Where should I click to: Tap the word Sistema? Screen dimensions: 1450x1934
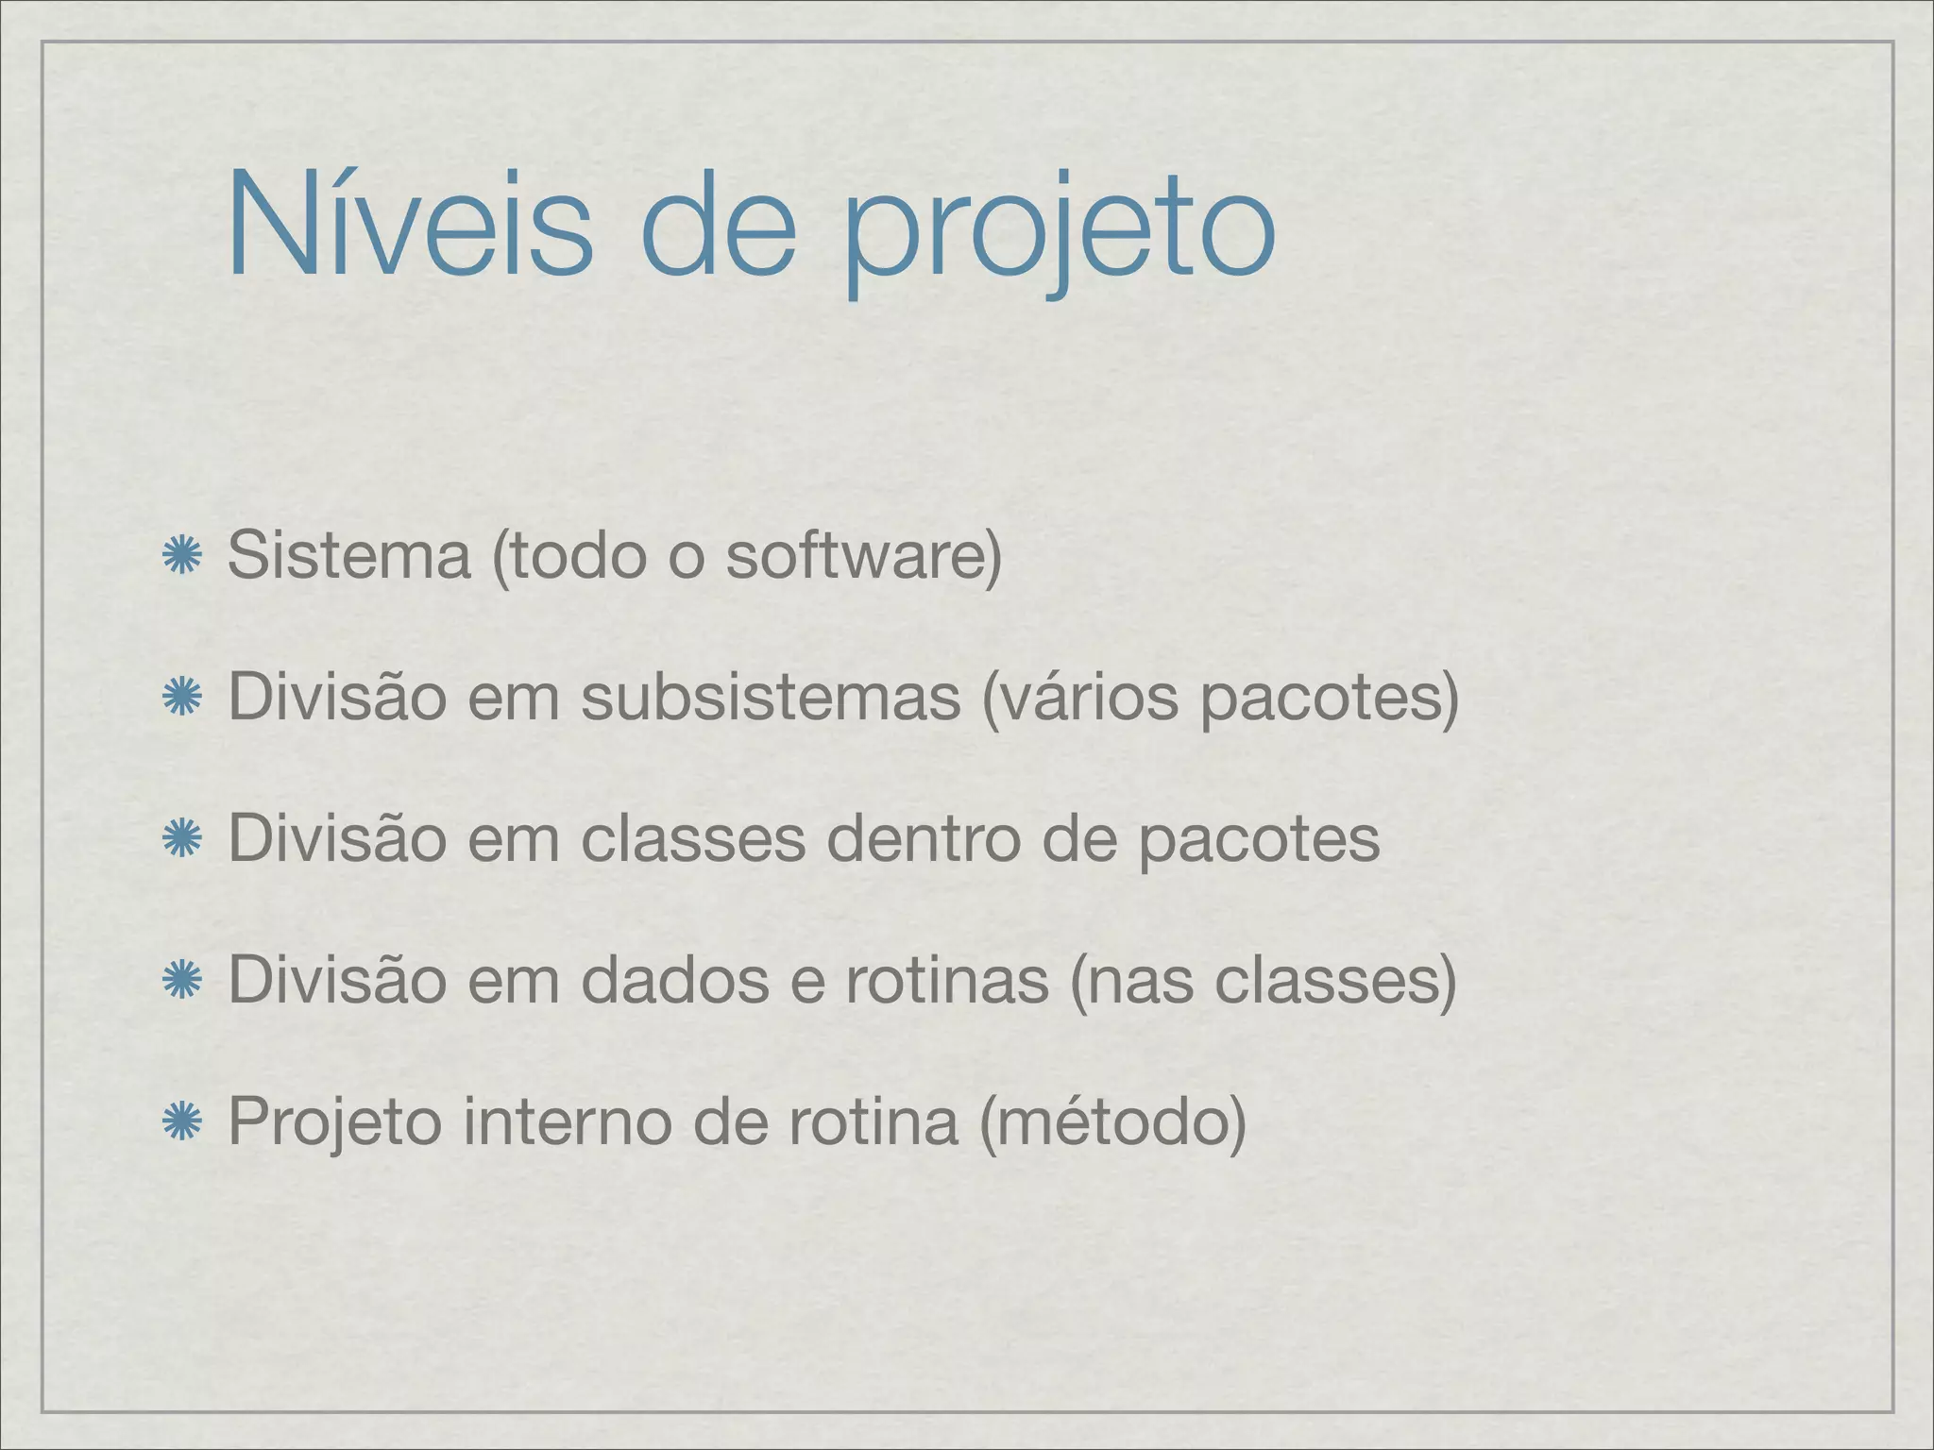[348, 555]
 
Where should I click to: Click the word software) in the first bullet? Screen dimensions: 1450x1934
[863, 555]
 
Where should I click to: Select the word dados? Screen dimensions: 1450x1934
[675, 980]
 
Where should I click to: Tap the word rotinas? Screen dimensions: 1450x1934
[947, 980]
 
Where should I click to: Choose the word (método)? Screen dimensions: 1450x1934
[1113, 1121]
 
